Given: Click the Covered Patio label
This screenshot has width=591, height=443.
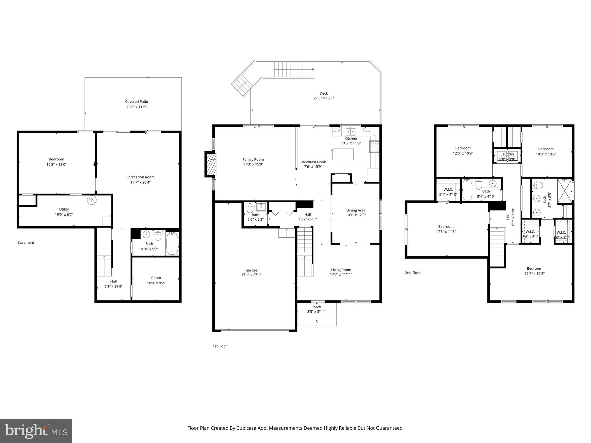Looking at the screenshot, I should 136,102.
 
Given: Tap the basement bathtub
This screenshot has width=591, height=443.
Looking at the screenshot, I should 172,244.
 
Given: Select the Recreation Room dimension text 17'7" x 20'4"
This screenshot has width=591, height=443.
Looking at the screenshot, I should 140,182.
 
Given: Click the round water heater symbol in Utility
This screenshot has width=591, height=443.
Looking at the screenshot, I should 92,200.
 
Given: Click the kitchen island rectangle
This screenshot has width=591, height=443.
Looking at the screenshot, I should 343,154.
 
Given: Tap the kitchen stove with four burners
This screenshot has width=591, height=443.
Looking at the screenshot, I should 375,147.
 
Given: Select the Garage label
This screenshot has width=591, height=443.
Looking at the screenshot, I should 251,270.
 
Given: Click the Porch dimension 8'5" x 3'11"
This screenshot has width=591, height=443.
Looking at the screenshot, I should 316,311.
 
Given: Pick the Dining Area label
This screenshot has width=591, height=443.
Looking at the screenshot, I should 356,210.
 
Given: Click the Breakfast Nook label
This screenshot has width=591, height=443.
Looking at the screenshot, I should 313,162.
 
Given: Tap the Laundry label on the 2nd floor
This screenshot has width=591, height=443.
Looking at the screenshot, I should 507,154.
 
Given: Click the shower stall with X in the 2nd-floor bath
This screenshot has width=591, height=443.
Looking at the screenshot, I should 564,191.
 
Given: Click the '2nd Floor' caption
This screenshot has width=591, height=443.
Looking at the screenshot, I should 413,273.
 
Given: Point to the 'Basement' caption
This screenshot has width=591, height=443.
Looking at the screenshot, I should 26,243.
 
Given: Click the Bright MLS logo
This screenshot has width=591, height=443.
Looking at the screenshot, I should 36,431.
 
